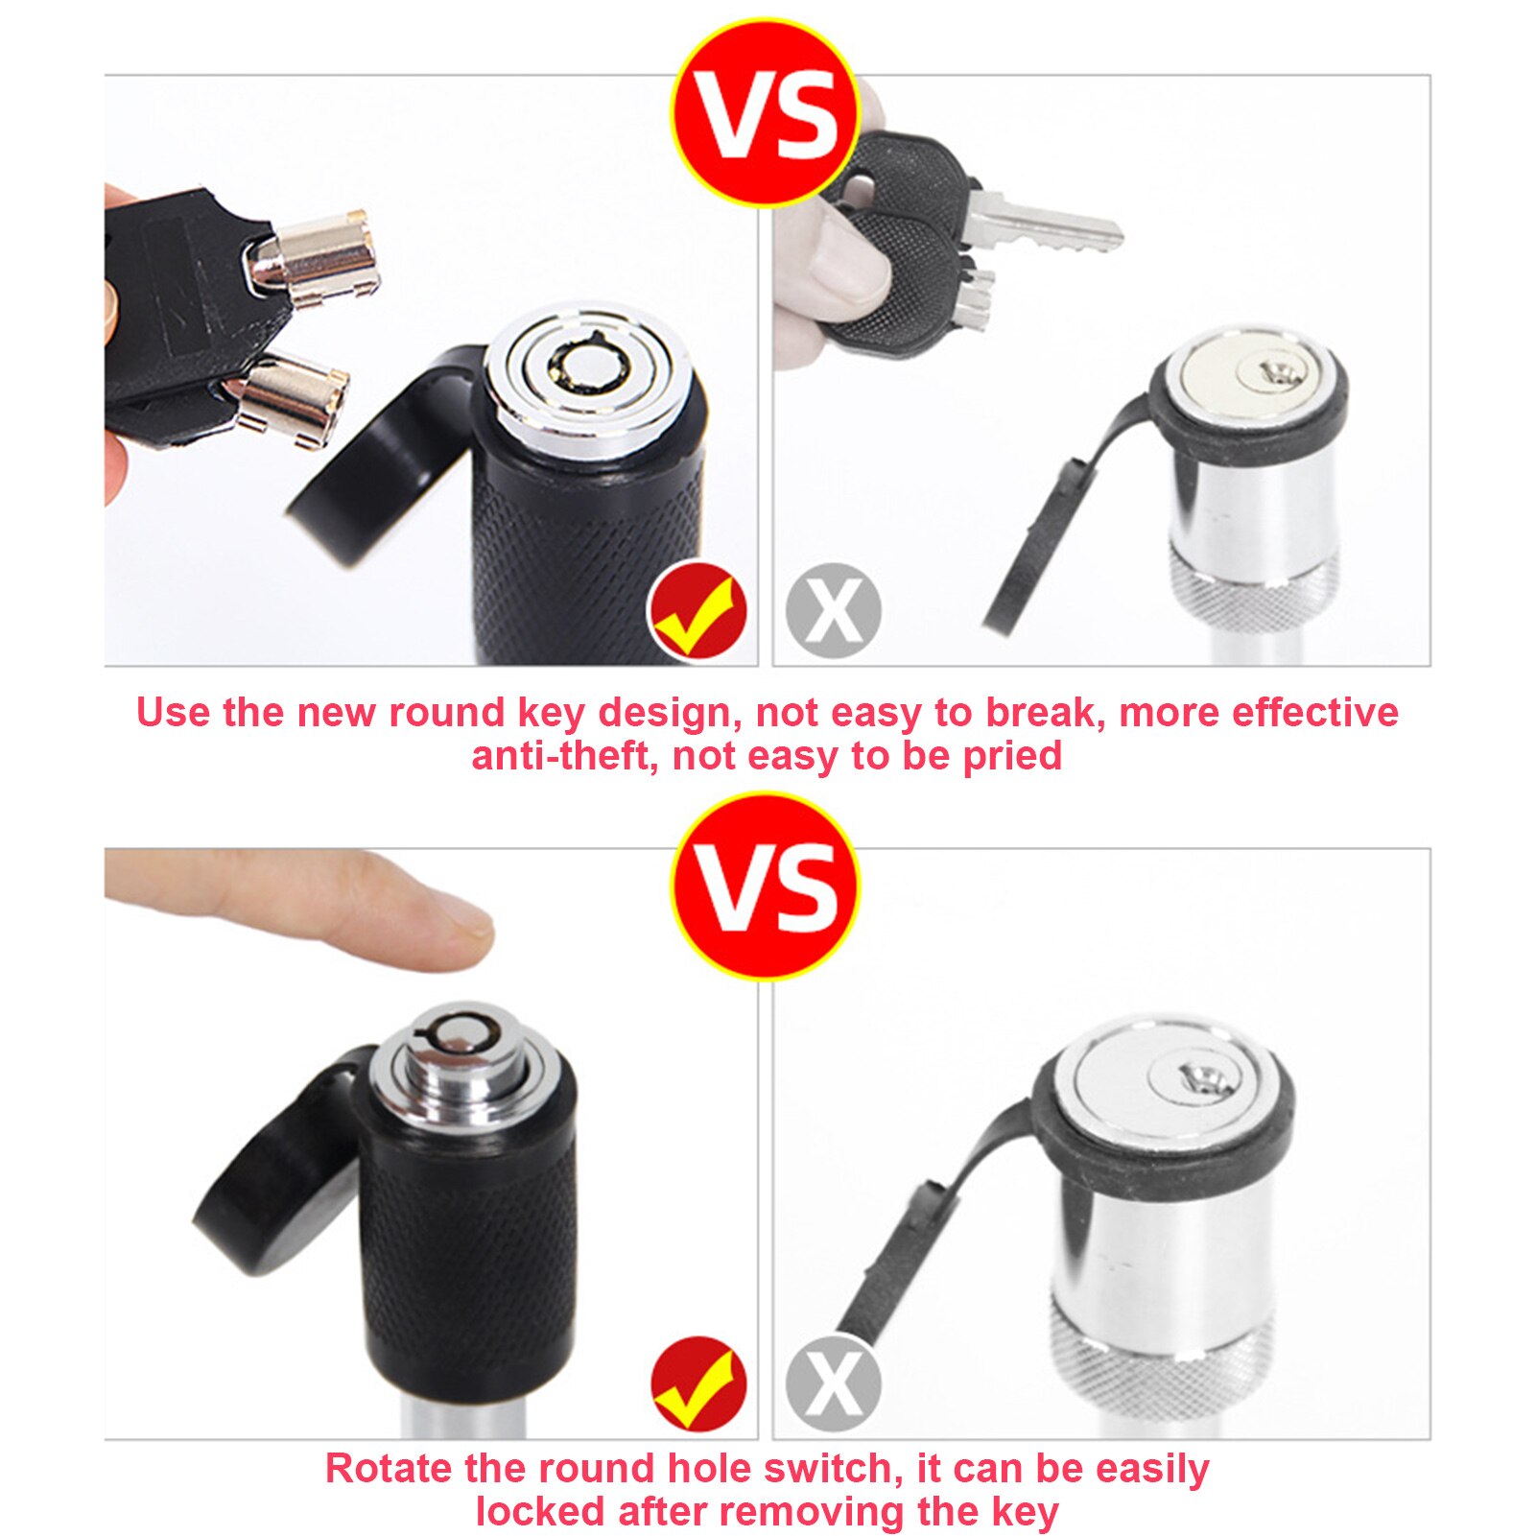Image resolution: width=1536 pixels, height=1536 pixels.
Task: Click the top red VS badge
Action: (765, 112)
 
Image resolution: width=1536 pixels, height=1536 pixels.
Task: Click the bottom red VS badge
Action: (765, 885)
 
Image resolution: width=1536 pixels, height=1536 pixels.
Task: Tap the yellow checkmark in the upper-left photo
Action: (697, 611)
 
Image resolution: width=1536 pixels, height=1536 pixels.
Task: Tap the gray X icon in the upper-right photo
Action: (833, 610)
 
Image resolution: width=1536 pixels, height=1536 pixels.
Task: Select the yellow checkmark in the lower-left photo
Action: (697, 1383)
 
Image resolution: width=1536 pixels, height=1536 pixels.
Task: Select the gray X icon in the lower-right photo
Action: (833, 1382)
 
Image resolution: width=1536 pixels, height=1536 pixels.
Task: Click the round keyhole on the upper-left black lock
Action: (587, 369)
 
